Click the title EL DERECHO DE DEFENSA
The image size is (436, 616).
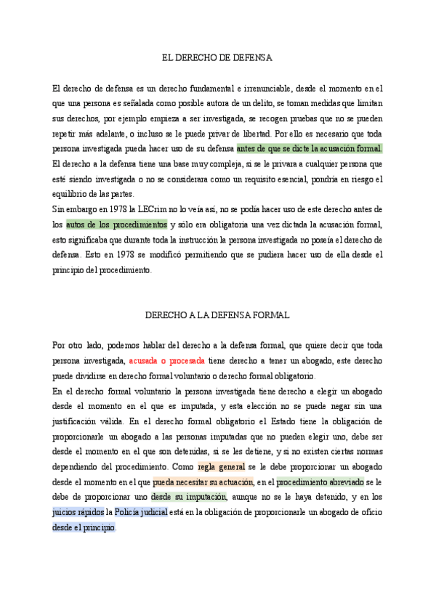click(x=217, y=57)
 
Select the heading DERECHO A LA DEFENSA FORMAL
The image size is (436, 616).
click(x=217, y=315)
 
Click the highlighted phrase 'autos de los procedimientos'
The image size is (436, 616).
click(x=116, y=224)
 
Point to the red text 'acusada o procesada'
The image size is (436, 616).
click(x=167, y=361)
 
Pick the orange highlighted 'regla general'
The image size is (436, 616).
click(x=221, y=466)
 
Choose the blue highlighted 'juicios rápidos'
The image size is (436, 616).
click(x=78, y=512)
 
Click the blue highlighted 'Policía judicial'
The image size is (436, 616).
click(x=141, y=512)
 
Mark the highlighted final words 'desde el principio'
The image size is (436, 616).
click(x=84, y=527)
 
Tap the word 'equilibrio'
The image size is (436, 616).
click(x=70, y=194)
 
